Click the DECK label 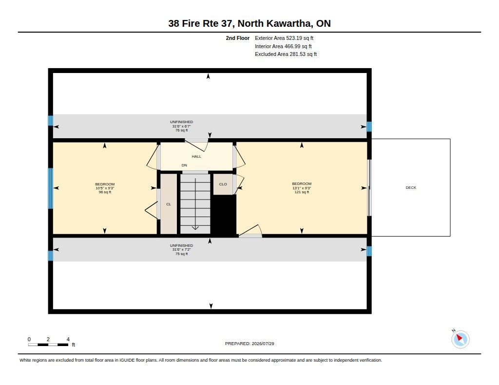click(411, 187)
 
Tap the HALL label click(196, 156)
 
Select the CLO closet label click(223, 184)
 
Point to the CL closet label click(169, 204)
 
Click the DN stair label click(184, 165)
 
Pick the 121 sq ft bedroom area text click(302, 192)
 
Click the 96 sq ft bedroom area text click(105, 192)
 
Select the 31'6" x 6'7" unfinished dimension click(181, 126)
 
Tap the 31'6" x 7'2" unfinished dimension click(181, 250)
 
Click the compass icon click(460, 339)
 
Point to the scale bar click(48, 345)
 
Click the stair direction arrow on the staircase click(195, 204)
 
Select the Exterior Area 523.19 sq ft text click(284, 38)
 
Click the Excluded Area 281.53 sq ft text click(286, 54)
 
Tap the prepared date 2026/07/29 click(263, 344)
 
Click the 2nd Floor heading click(238, 38)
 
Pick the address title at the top click(249, 23)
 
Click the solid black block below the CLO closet click(224, 215)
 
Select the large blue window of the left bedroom click(50, 188)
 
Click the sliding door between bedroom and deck click(369, 187)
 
